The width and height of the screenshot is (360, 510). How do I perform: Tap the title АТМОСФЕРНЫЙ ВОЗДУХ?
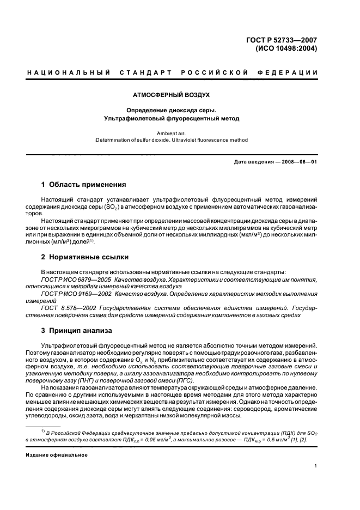179,94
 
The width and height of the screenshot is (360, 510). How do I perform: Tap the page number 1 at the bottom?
316,466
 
